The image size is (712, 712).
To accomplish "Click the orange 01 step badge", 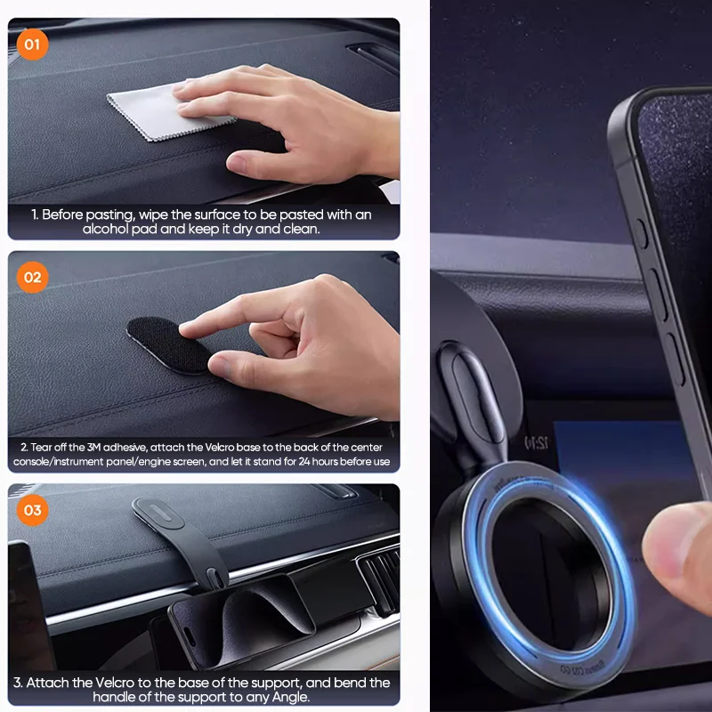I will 33,44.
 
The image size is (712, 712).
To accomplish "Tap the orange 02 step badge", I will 33,277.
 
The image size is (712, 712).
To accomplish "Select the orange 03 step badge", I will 33,510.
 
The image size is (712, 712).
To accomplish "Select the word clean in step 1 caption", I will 301,229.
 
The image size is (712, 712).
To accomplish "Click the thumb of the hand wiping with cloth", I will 254,162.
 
